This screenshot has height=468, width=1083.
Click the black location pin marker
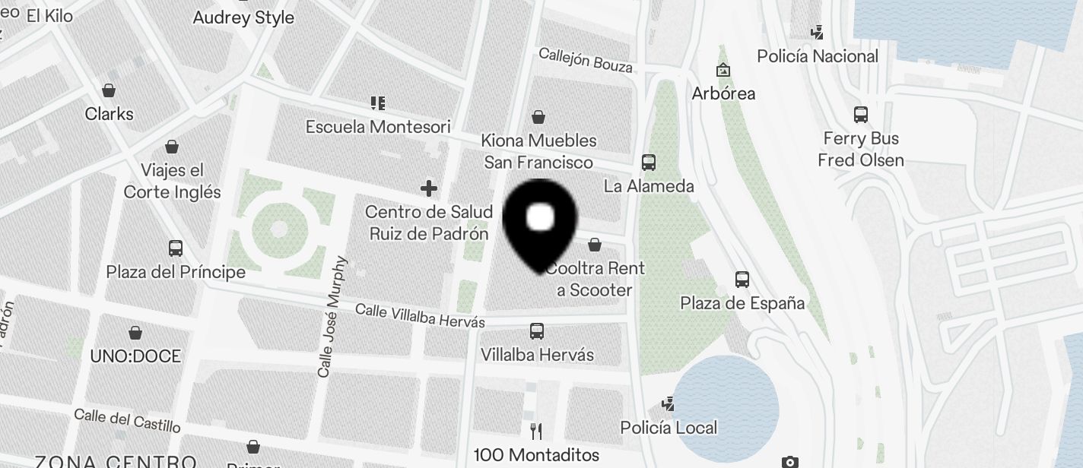[540, 224]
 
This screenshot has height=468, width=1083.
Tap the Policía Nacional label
[818, 56]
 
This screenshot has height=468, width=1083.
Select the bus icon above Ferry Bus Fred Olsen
[861, 115]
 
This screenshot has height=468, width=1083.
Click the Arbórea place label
[723, 93]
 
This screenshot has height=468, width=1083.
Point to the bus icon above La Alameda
[649, 162]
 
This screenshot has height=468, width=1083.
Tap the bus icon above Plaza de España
[742, 279]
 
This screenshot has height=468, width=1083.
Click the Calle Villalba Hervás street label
[420, 315]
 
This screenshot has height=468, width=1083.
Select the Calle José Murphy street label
[332, 318]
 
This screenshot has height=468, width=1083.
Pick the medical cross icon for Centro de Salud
[429, 188]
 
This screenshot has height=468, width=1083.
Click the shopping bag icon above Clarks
[110, 90]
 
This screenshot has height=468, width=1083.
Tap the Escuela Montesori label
[378, 127]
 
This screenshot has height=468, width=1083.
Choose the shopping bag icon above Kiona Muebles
[538, 116]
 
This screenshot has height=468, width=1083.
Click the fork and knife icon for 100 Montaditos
[536, 432]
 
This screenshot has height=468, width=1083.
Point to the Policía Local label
[669, 428]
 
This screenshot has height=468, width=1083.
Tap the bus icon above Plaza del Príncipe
[176, 248]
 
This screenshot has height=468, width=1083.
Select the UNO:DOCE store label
[135, 356]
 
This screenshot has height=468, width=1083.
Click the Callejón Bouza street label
[586, 61]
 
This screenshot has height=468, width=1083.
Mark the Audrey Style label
[243, 18]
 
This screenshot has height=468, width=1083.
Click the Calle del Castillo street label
[128, 420]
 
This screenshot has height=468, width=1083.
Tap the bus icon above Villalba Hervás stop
[537, 330]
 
